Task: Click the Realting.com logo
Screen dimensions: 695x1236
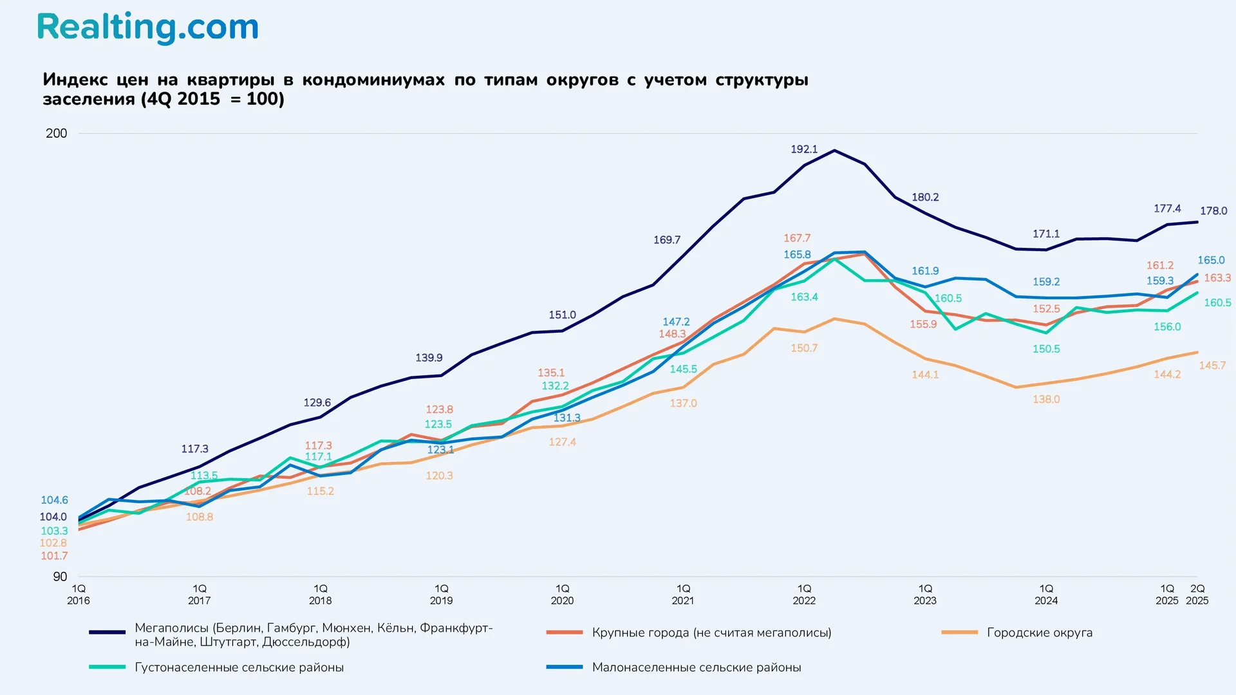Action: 147,28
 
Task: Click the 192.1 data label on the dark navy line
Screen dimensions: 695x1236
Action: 804,149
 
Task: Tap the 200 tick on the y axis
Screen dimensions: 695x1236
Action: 57,133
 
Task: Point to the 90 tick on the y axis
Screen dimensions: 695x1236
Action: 60,577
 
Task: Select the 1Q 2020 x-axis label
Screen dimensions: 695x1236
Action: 562,595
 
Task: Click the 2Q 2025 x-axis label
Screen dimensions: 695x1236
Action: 1197,595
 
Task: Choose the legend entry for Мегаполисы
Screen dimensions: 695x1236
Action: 314,635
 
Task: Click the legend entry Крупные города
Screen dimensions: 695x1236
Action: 711,633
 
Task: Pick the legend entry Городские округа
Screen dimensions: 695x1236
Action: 1039,633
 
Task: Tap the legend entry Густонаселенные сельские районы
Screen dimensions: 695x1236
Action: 239,667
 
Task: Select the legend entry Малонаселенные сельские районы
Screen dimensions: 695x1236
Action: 696,667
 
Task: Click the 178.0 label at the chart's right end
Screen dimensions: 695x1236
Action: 1213,211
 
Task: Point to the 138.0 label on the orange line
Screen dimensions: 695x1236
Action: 1046,400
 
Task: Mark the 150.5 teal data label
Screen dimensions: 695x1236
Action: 1046,349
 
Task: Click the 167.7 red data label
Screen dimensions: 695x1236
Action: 797,238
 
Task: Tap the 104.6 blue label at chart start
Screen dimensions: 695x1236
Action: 54,500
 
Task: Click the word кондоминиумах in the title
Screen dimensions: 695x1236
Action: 373,80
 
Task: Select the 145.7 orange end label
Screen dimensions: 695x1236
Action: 1212,366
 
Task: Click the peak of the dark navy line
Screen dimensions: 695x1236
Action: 834,151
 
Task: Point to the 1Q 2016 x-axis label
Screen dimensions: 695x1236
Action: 79,595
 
